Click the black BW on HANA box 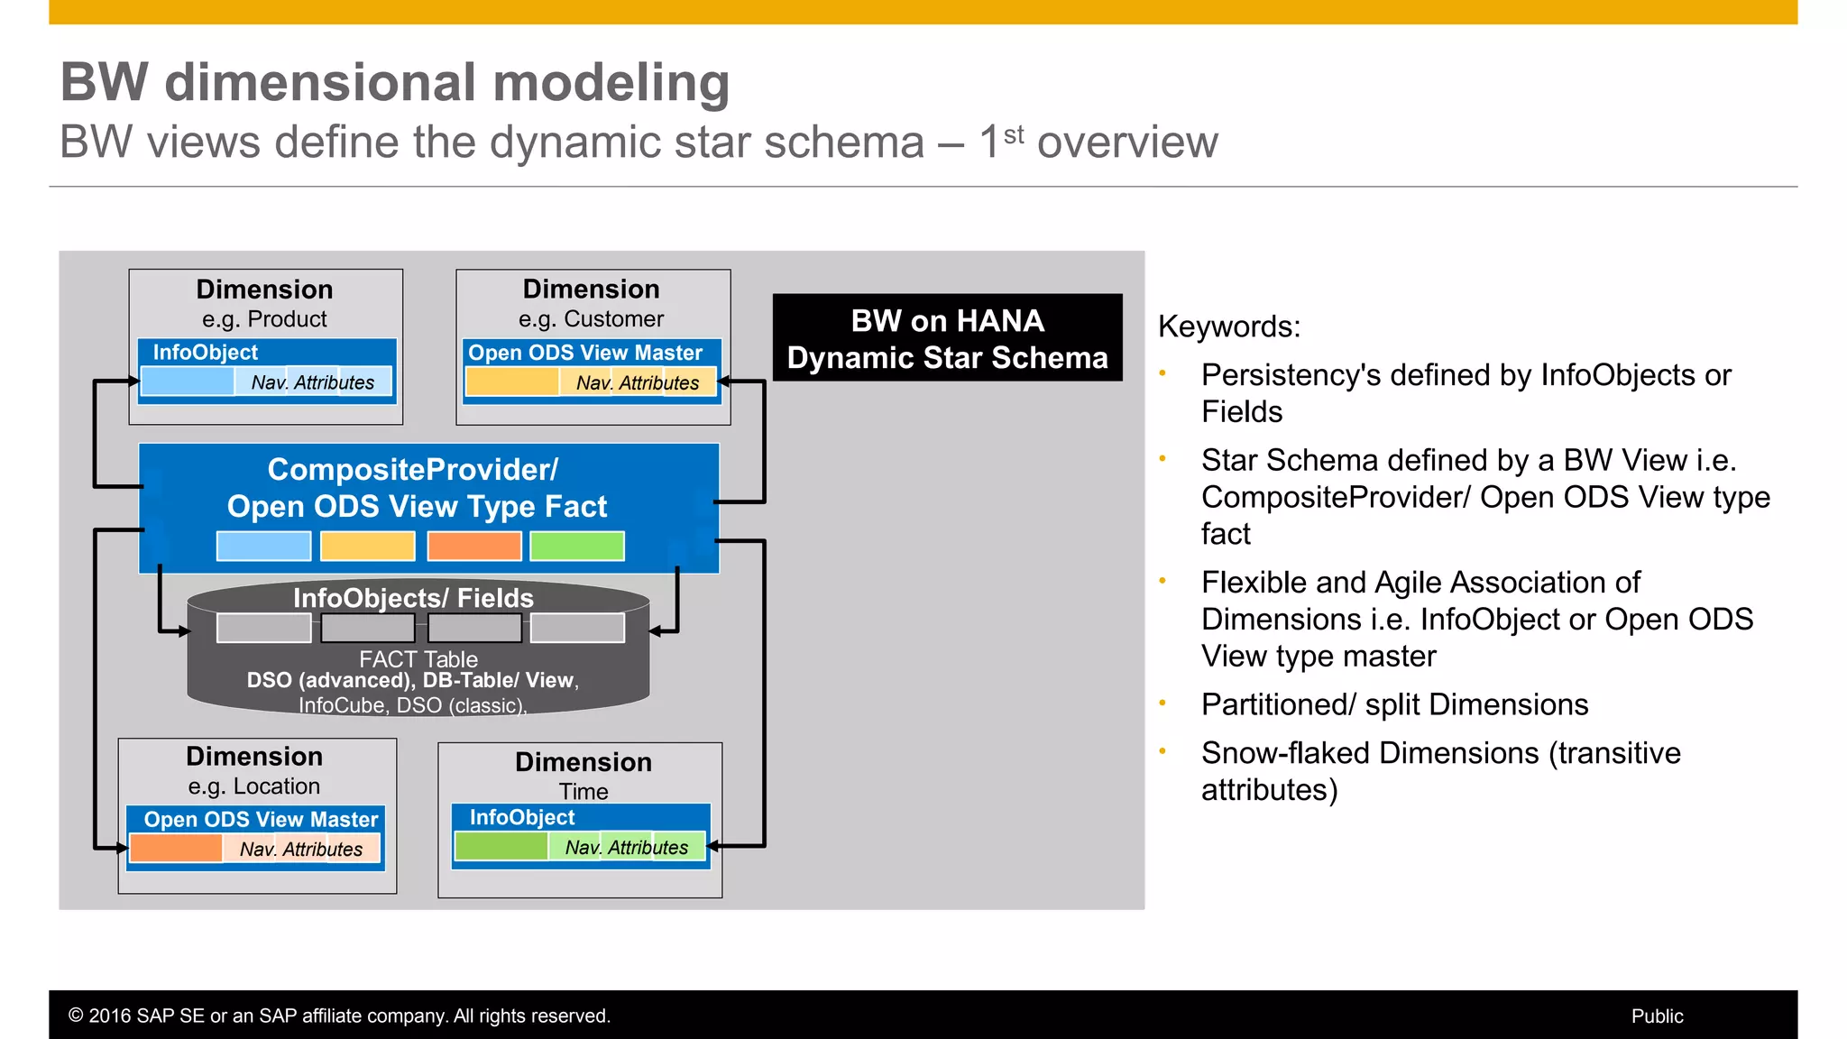947,338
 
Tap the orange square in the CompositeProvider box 474,546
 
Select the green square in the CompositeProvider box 577,546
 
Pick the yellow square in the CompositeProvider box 368,546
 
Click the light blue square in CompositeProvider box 263,546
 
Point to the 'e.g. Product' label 264,319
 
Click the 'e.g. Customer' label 591,319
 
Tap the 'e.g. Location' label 253,786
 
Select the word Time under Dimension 584,792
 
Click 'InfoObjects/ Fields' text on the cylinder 413,598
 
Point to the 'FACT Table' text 418,659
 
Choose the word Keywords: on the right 1228,326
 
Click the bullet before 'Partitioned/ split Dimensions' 1162,703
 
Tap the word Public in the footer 1657,1016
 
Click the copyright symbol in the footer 76,1016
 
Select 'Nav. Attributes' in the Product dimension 312,382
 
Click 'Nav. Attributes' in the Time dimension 626,848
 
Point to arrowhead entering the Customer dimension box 723,382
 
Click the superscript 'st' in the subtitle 1014,134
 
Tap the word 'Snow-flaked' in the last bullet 1280,753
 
